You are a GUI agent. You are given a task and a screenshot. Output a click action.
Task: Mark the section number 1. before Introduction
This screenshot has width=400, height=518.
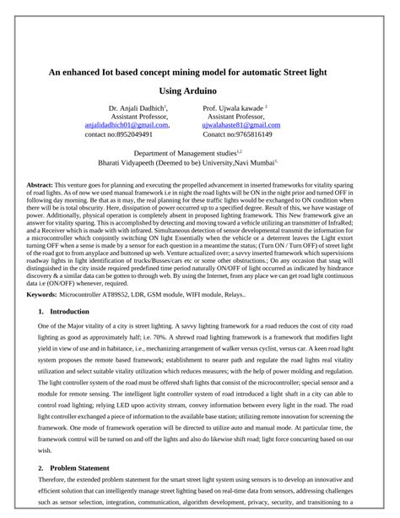click(x=42, y=312)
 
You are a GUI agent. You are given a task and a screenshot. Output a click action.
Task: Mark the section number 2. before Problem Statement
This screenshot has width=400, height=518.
click(x=42, y=467)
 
